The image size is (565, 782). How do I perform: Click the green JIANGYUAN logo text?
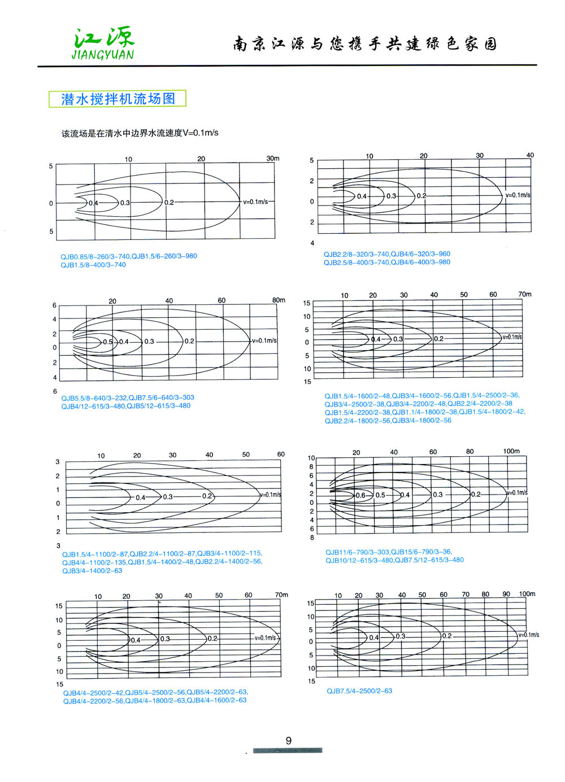coord(103,55)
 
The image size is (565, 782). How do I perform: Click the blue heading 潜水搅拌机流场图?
coord(118,99)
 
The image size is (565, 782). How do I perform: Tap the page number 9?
coord(289,741)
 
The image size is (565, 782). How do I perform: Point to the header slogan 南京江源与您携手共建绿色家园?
coord(365,44)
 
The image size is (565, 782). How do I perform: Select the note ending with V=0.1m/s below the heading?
coord(140,133)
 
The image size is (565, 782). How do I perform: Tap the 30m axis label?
coord(273,159)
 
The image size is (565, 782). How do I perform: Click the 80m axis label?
coord(279,300)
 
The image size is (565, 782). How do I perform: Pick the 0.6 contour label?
coord(360,495)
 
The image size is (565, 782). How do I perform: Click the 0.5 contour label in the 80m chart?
coord(107,342)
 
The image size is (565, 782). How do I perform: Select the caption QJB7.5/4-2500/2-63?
coord(359,691)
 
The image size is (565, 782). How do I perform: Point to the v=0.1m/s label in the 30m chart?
coord(255,202)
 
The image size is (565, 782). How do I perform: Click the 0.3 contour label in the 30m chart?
coord(125,203)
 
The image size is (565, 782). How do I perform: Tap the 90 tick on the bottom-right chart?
coord(506,594)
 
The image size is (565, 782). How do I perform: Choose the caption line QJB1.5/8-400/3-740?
coord(93,265)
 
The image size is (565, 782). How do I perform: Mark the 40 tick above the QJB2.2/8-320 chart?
coord(530,155)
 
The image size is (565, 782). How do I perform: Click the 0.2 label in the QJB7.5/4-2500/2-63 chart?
coord(446,636)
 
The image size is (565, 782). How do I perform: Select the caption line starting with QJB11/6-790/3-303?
coord(388,552)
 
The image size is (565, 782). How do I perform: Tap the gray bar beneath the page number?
coord(288,750)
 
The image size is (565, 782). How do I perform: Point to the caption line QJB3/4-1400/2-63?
coord(92,571)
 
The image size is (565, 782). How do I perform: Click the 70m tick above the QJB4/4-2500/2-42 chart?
coord(281,595)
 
